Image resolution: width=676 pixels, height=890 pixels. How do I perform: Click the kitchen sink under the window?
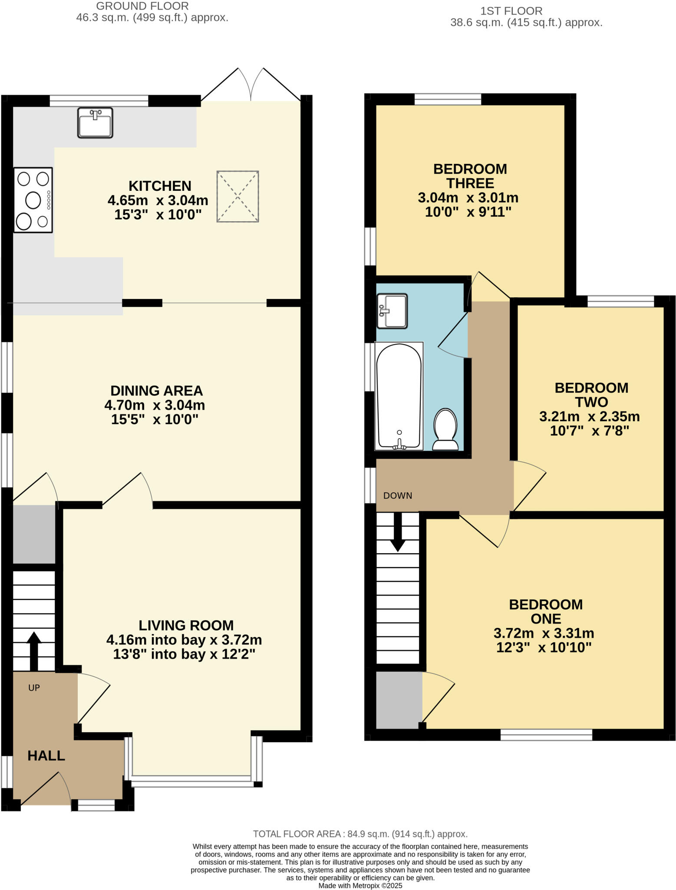[95, 123]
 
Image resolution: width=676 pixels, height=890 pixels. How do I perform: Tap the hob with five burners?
[33, 200]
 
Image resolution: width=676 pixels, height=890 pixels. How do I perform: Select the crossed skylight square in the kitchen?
[237, 197]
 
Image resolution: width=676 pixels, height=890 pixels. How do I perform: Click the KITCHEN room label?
[160, 186]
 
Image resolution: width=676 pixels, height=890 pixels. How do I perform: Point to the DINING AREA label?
[156, 391]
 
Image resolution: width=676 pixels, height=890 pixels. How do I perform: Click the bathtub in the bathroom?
[399, 396]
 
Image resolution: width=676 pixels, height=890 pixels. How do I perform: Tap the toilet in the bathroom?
[445, 429]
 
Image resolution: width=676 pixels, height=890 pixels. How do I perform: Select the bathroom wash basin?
[392, 311]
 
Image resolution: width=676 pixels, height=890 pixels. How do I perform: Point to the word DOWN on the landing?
[398, 496]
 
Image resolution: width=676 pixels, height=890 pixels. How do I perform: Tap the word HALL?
[46, 756]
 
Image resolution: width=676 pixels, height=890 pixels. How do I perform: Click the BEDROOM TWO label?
[591, 395]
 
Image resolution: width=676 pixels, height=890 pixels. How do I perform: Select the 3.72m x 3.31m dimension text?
[544, 633]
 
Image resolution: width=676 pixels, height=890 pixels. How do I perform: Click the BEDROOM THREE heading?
[470, 176]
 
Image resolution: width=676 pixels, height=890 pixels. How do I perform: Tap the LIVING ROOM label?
[186, 625]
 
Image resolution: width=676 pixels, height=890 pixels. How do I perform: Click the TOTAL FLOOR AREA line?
[360, 834]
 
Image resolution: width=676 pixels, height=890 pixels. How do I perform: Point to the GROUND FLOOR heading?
[142, 7]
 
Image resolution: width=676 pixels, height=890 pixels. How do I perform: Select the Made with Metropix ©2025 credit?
[360, 885]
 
